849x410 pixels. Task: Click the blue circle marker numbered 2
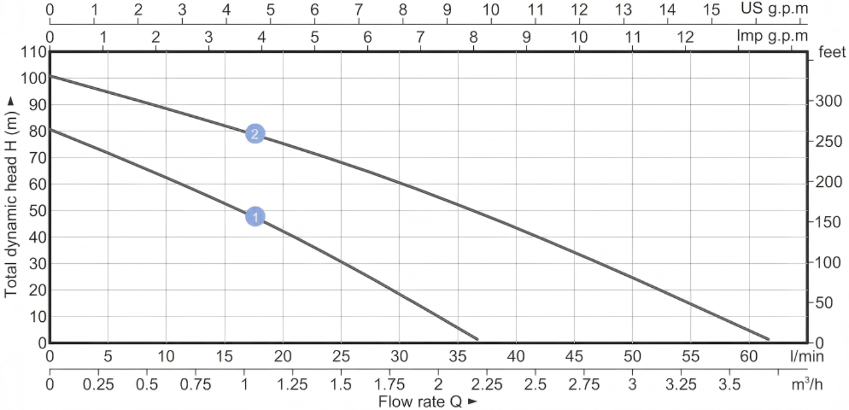[x=255, y=134]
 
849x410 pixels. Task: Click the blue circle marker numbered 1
[x=255, y=216]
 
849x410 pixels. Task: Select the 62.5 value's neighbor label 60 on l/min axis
[x=748, y=357]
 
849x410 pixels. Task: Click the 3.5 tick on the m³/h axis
[x=729, y=384]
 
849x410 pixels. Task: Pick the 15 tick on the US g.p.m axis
[x=711, y=10]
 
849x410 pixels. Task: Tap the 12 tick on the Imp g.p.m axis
[x=685, y=37]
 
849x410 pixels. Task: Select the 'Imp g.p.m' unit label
[x=772, y=37]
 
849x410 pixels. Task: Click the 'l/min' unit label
[x=807, y=357]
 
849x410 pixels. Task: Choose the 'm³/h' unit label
[x=806, y=384]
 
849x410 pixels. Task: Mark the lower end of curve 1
[x=477, y=339]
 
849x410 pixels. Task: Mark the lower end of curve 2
[x=768, y=339]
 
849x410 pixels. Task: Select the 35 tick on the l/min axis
[x=458, y=357]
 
